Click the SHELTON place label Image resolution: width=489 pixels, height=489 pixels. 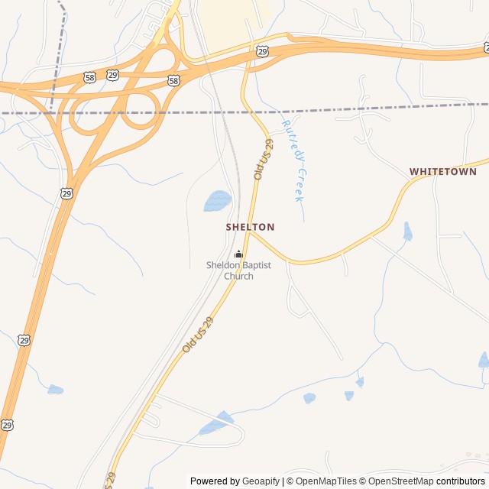pyautogui.click(x=250, y=227)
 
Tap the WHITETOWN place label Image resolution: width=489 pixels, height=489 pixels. pyautogui.click(x=443, y=172)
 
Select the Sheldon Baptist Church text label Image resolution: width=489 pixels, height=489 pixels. pyautogui.click(x=238, y=270)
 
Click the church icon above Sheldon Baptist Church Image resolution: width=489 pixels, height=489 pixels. pyautogui.click(x=238, y=254)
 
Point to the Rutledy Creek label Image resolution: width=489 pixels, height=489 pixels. pyautogui.click(x=294, y=160)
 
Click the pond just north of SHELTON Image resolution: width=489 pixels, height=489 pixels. pyautogui.click(x=217, y=201)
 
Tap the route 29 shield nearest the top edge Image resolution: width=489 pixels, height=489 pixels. pyautogui.click(x=263, y=51)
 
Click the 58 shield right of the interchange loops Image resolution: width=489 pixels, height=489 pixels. pyautogui.click(x=174, y=80)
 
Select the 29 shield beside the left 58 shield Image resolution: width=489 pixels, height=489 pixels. pyautogui.click(x=113, y=75)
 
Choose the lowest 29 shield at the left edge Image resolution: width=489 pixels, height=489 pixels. pyautogui.click(x=7, y=424)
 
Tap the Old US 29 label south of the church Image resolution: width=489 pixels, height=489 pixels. pyautogui.click(x=198, y=335)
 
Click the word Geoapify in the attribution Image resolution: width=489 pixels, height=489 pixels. pyautogui.click(x=261, y=481)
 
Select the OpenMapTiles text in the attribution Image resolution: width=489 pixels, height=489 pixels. pyautogui.click(x=326, y=481)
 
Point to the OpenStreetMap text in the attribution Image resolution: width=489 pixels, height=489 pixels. pyautogui.click(x=400, y=481)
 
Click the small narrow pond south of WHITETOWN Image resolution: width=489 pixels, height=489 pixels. pyautogui.click(x=407, y=232)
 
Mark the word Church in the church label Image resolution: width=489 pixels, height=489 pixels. pyautogui.click(x=238, y=276)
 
